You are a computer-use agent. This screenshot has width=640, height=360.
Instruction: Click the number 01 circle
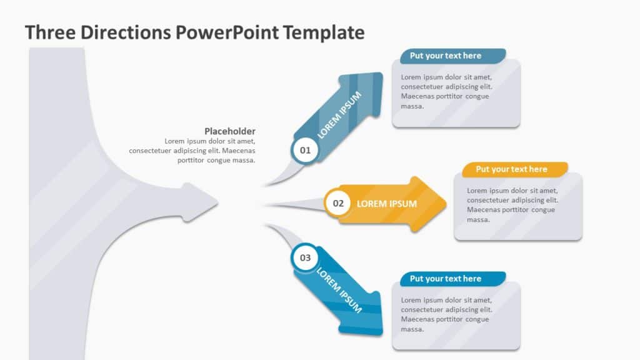(x=305, y=150)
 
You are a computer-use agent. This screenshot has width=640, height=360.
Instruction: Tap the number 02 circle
(x=338, y=203)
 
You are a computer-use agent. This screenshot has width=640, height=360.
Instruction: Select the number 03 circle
(x=305, y=257)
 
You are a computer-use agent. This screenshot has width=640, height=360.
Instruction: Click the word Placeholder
(x=230, y=131)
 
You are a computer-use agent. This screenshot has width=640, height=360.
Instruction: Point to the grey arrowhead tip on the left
(x=216, y=202)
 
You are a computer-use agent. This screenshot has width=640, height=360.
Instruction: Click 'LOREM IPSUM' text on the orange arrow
(x=386, y=204)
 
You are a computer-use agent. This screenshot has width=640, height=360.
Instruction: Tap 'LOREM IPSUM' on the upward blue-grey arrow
(x=340, y=114)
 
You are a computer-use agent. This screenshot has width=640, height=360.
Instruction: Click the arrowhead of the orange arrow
(x=434, y=204)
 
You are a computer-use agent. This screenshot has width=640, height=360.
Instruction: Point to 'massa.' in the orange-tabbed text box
(x=478, y=220)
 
